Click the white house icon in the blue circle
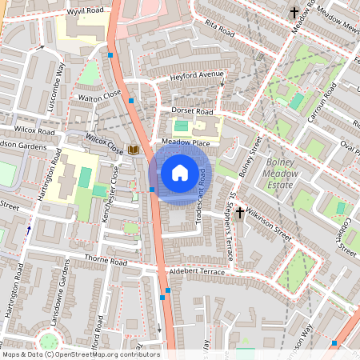click(180, 172)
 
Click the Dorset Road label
click(193, 110)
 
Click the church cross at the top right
click(294, 12)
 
